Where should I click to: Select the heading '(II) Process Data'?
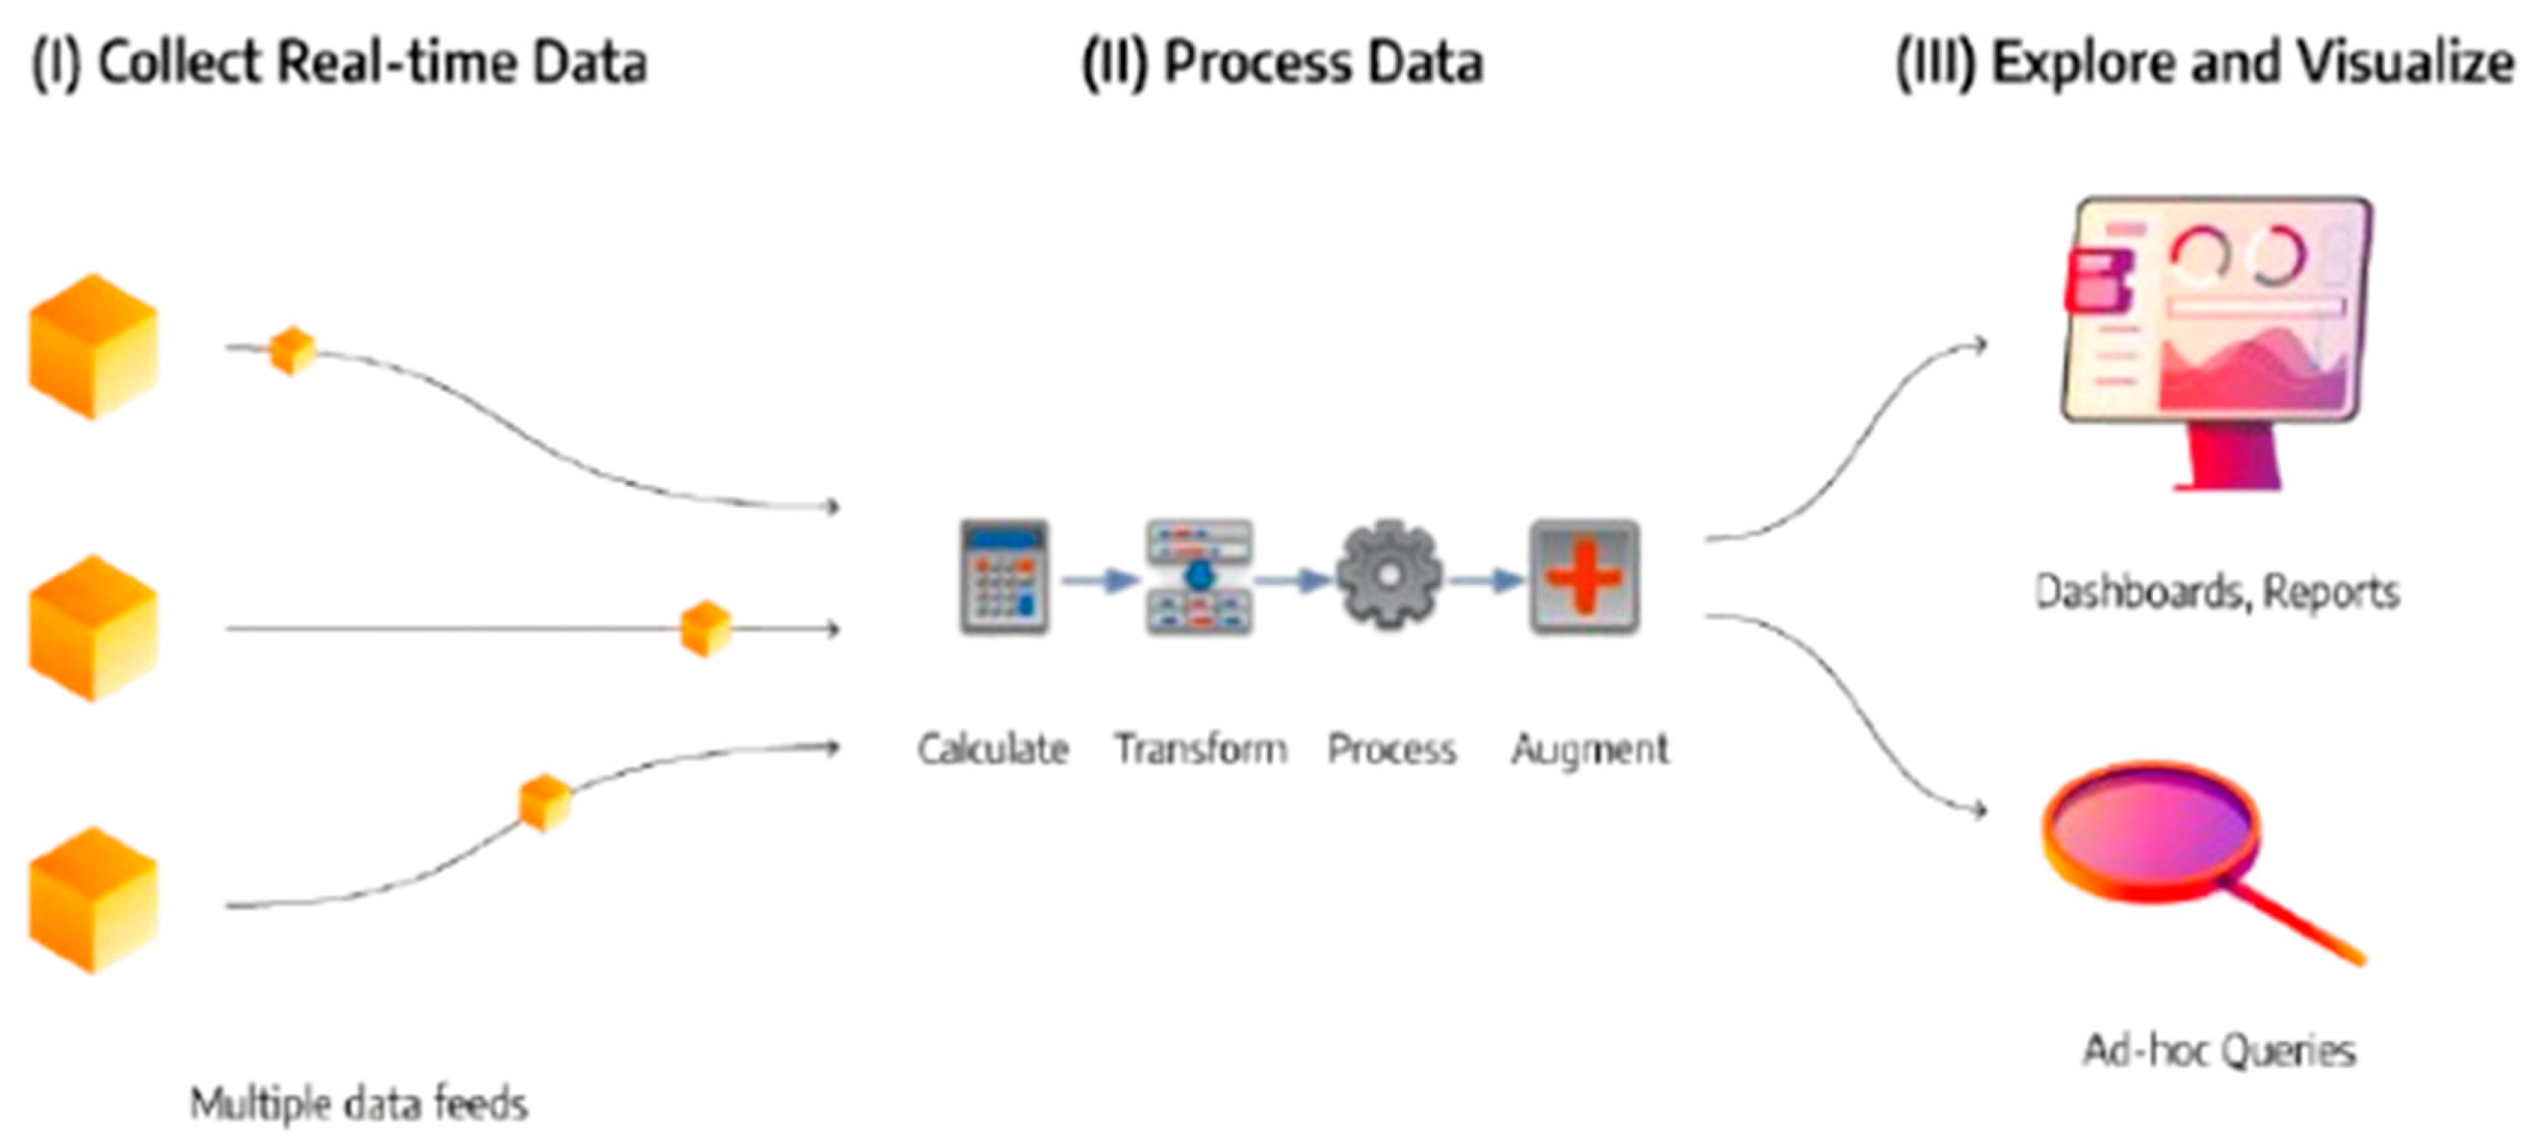coord(1283,64)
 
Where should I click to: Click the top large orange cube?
coord(93,347)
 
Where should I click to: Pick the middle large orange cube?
coord(93,627)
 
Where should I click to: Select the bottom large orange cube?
coord(93,900)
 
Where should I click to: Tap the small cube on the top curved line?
coord(292,351)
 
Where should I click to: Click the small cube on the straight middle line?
coord(705,628)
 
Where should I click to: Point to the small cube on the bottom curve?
coord(544,802)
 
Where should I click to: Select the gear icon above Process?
coord(1389,576)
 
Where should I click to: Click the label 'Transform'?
coord(1200,749)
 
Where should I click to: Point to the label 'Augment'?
coord(1589,750)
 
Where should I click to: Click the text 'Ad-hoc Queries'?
coord(2219,1050)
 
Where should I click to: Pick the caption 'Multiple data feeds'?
coord(358,1104)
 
